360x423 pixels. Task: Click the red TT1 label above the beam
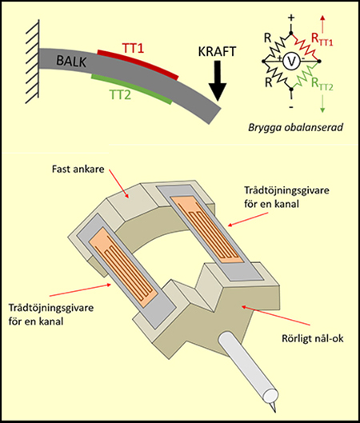(134, 49)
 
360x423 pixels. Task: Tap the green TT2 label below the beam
(120, 94)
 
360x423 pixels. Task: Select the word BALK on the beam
(71, 62)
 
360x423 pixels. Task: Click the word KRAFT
(217, 52)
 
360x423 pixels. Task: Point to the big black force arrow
(218, 81)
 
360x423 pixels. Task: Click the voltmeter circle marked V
(291, 62)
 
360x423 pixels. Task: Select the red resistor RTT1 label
(322, 40)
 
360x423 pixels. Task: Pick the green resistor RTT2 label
(322, 84)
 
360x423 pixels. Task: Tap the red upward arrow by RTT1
(322, 25)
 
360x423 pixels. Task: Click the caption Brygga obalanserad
(295, 127)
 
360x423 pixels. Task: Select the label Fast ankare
(78, 170)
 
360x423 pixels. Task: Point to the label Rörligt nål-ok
(313, 338)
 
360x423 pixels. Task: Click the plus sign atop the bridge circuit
(291, 18)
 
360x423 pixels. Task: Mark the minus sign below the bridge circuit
(291, 107)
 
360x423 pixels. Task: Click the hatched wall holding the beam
(34, 62)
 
